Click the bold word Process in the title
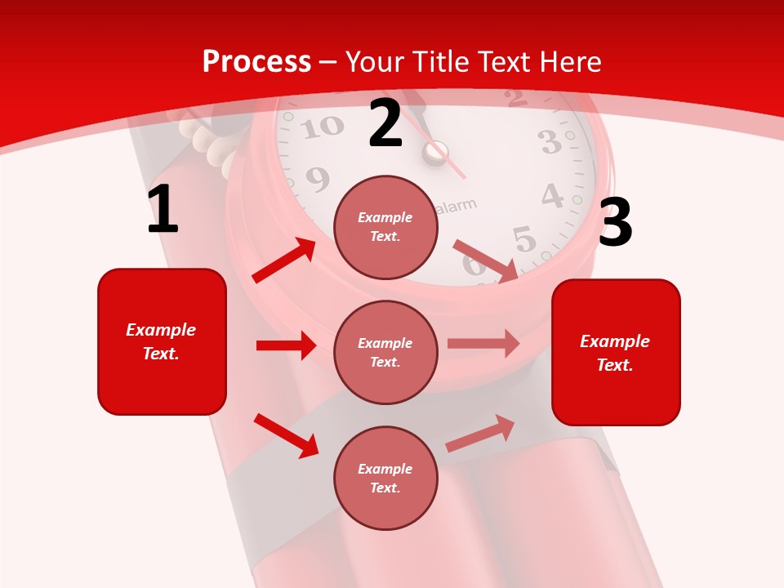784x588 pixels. click(256, 62)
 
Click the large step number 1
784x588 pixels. click(163, 209)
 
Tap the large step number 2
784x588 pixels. click(385, 123)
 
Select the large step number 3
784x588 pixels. click(615, 222)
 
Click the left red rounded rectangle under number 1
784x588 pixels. click(162, 341)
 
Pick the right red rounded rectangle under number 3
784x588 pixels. click(616, 352)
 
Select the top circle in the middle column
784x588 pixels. click(385, 227)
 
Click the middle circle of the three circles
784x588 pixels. click(385, 352)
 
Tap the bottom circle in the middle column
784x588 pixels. click(385, 478)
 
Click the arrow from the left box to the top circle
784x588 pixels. click(283, 261)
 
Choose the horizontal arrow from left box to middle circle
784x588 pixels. click(286, 345)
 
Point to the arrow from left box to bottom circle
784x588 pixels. click(286, 435)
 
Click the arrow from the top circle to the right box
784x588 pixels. click(486, 261)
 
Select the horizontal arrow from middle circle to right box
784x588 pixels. click(483, 344)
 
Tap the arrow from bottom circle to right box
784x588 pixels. click(480, 433)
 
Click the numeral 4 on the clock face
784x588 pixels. click(553, 197)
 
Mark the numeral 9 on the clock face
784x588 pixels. click(317, 178)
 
